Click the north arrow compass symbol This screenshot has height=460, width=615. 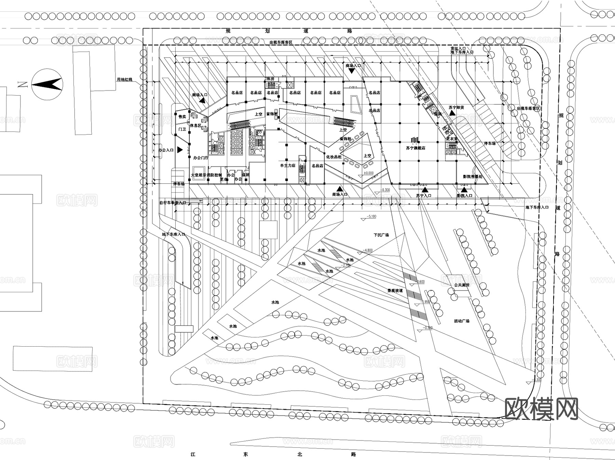click(47, 84)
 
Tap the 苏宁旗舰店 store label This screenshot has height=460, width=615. click(415, 148)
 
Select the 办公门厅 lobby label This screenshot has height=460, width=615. click(201, 158)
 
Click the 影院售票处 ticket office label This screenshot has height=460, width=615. click(473, 177)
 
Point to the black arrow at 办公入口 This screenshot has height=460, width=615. click(180, 150)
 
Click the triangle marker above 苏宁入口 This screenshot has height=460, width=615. click(425, 190)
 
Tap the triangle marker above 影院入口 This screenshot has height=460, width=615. click(464, 190)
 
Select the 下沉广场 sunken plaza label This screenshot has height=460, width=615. click(381, 235)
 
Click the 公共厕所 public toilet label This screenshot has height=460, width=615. click(462, 284)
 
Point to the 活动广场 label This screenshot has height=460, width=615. click(462, 321)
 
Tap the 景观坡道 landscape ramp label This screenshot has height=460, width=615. click(395, 291)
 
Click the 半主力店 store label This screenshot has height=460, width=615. click(288, 166)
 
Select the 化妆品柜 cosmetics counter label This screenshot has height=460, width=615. click(334, 157)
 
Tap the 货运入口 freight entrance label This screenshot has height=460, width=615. click(458, 49)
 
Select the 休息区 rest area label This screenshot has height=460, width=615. click(195, 126)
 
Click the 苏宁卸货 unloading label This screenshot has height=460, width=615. click(457, 107)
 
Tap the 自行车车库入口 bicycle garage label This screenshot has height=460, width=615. click(173, 203)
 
